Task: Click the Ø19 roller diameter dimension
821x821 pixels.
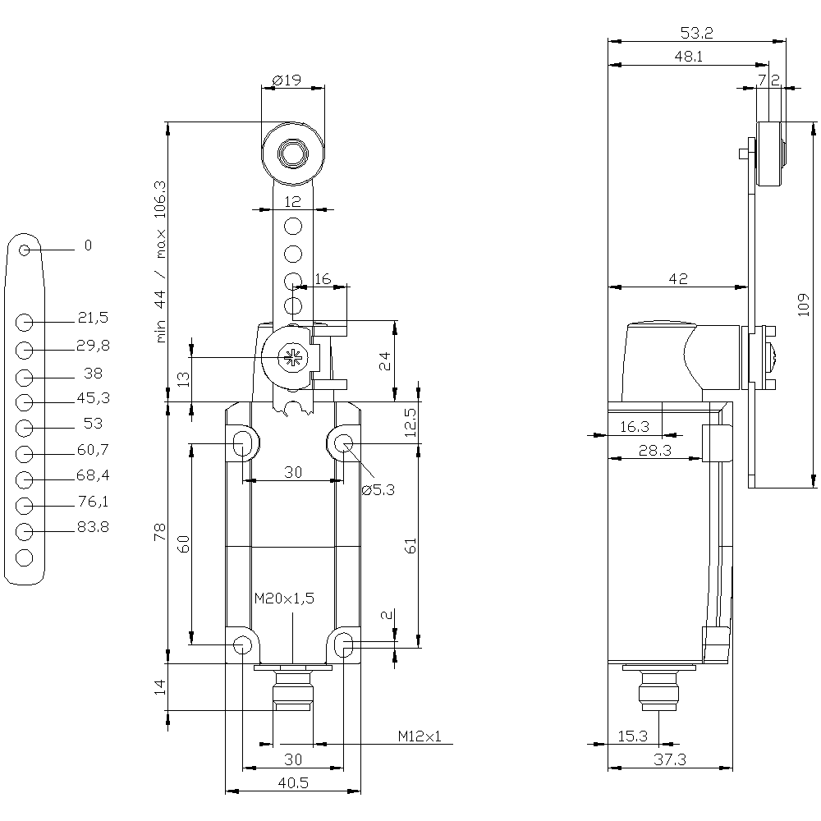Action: tap(285, 80)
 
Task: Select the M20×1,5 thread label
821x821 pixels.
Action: tap(284, 599)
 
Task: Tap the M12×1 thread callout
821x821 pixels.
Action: tap(420, 736)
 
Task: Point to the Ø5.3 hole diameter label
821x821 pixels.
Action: tap(378, 490)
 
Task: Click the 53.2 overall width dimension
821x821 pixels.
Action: tap(696, 33)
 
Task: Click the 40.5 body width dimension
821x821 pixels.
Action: tap(292, 783)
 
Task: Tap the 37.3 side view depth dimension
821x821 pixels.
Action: tap(670, 760)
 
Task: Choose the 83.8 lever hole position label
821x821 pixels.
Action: tap(93, 527)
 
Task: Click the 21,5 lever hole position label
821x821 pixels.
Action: tap(93, 317)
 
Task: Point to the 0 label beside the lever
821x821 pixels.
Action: tap(88, 245)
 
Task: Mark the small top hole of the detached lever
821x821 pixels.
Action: tap(25, 250)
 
